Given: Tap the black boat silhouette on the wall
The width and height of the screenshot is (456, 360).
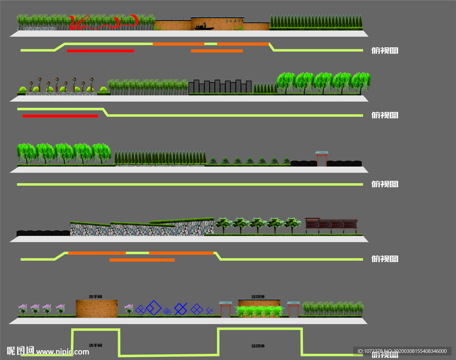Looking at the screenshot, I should click(x=204, y=28).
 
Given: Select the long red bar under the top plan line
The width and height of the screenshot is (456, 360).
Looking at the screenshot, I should click(x=100, y=51).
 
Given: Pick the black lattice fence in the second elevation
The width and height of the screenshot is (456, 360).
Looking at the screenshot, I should click(x=220, y=87).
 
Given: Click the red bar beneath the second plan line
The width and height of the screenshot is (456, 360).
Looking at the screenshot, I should click(x=60, y=116).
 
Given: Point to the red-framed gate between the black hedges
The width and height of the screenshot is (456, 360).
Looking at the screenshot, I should click(x=322, y=158).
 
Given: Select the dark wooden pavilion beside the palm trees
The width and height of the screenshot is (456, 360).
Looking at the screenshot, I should click(x=331, y=226).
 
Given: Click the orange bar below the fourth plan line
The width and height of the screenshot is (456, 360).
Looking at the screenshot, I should click(x=142, y=260).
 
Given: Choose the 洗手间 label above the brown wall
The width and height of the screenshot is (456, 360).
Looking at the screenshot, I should click(x=96, y=296).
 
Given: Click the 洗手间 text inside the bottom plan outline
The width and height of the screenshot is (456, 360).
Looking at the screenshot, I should click(x=96, y=345).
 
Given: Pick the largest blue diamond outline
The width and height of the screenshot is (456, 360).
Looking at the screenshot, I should click(x=153, y=307).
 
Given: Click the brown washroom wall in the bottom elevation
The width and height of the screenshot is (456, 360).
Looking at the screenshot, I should click(x=96, y=308).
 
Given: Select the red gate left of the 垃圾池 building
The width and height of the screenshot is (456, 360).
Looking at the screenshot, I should click(x=225, y=309).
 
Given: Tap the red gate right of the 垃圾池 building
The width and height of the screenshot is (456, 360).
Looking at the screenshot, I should click(x=293, y=309).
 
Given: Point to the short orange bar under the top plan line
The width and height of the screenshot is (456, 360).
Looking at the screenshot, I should click(x=217, y=51).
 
